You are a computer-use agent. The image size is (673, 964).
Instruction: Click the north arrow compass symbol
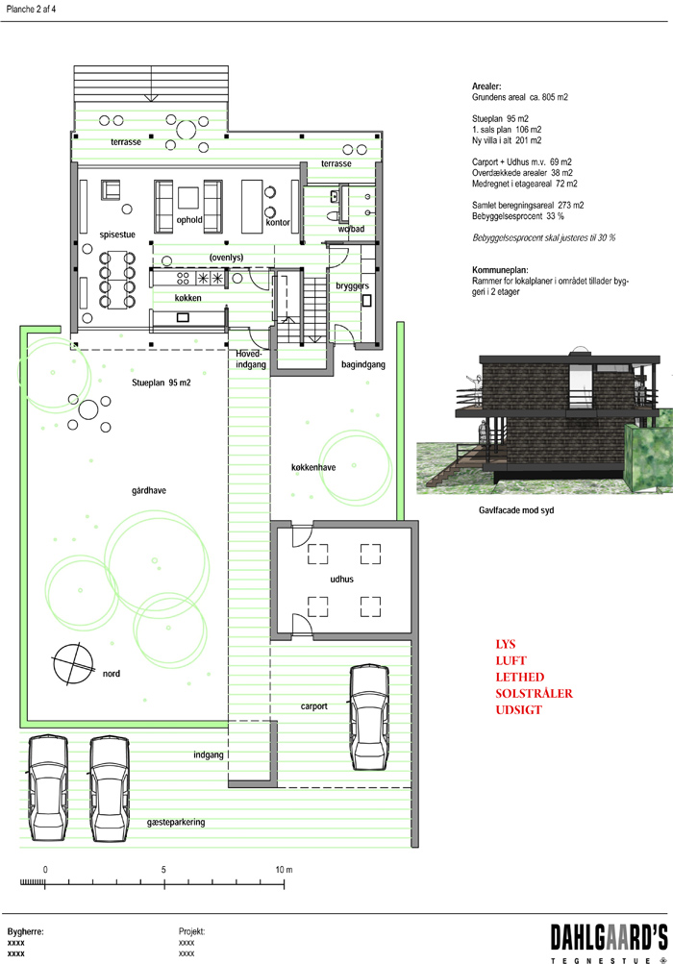click(73, 664)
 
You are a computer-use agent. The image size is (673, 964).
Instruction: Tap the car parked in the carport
click(369, 717)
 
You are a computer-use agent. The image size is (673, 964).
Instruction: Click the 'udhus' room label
click(341, 580)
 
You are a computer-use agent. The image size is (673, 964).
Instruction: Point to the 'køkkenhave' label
click(313, 467)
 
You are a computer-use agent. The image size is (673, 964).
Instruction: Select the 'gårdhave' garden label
click(149, 490)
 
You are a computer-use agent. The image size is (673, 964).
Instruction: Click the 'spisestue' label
click(117, 235)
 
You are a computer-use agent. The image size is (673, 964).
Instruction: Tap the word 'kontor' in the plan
click(278, 223)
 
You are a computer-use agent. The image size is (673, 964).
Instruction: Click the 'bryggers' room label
click(353, 285)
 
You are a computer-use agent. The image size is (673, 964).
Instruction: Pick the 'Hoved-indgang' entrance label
click(251, 359)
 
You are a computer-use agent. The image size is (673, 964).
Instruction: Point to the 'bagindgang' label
click(363, 364)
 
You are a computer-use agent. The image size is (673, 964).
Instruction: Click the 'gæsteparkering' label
click(176, 822)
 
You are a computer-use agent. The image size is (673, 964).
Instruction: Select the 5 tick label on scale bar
click(163, 870)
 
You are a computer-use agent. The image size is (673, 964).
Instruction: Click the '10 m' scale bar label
click(284, 870)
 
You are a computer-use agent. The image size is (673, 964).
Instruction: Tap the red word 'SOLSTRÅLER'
click(534, 694)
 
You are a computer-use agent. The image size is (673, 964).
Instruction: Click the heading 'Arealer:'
click(486, 87)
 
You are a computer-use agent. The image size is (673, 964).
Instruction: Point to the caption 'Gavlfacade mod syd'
click(516, 510)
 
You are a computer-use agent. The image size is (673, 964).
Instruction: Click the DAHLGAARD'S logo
click(609, 944)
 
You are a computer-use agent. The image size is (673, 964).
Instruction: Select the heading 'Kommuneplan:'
click(500, 270)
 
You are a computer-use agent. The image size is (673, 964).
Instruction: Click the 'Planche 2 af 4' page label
click(31, 10)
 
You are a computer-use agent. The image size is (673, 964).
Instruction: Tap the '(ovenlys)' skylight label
click(226, 258)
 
